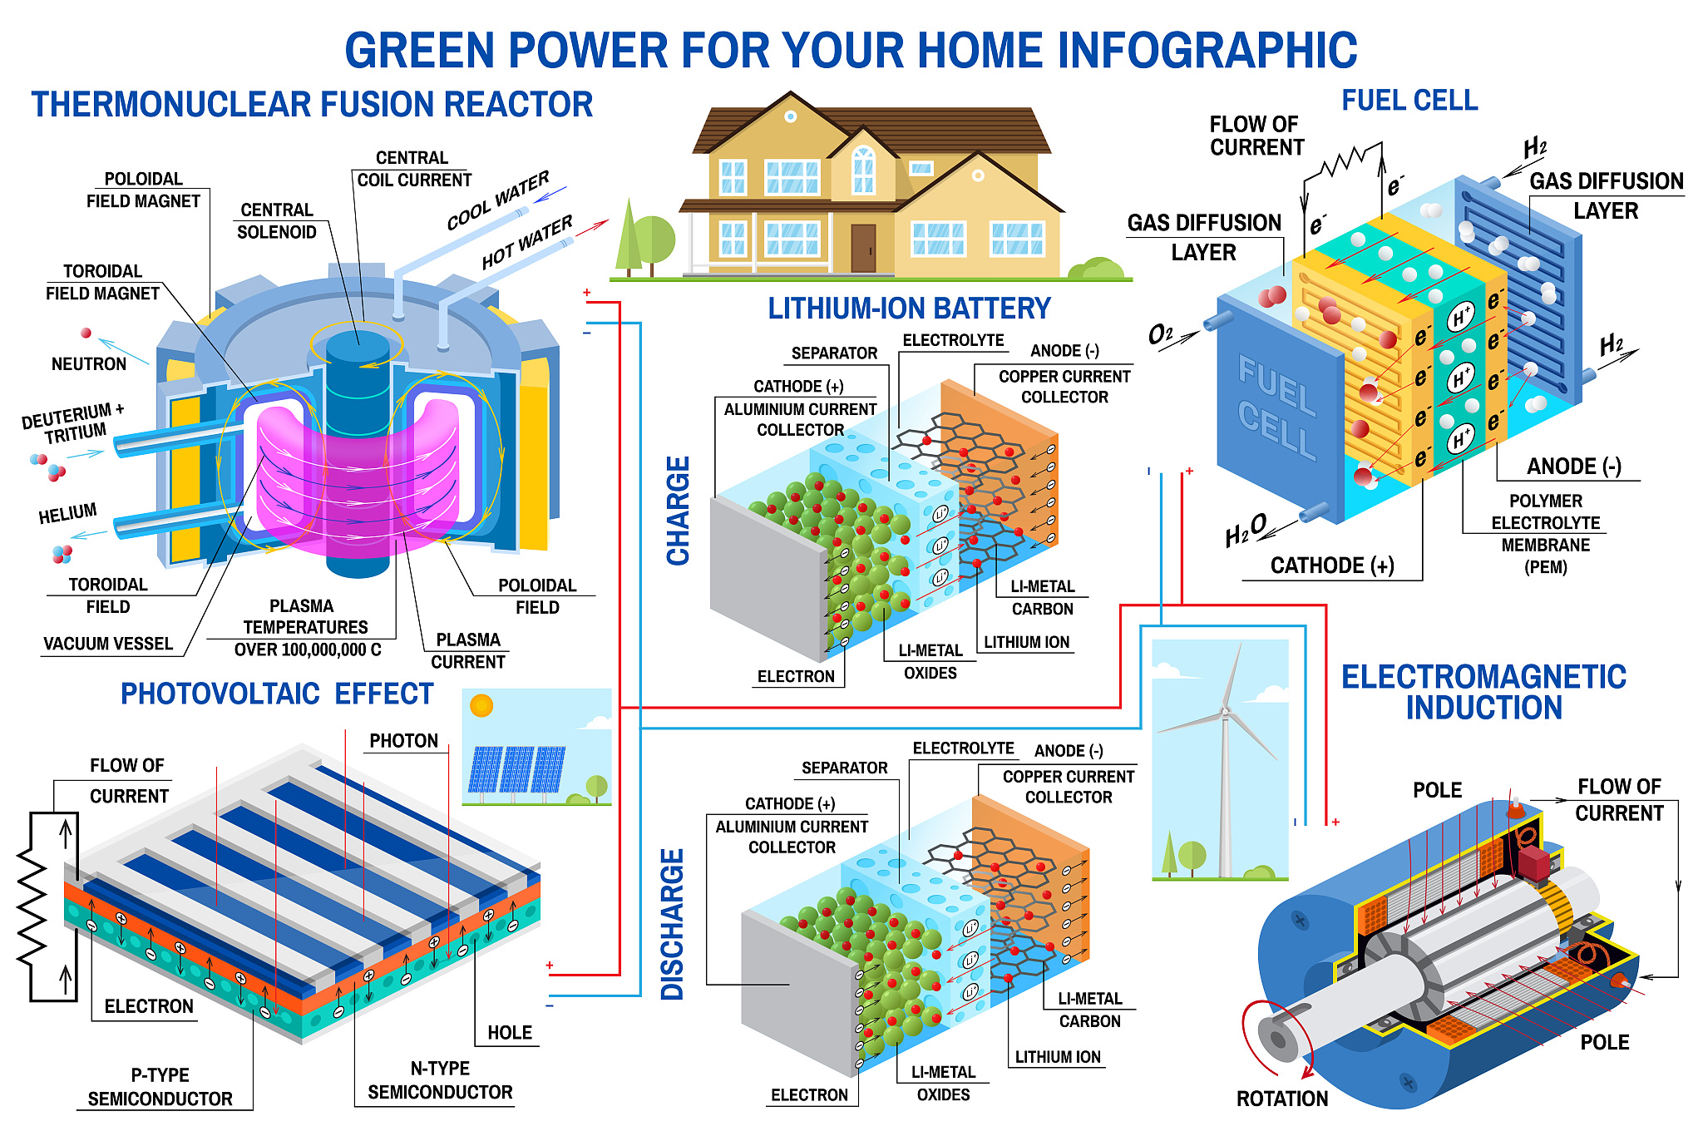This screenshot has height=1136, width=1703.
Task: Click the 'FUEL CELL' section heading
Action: coord(1409,101)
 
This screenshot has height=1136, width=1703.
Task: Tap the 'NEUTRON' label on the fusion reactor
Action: coord(89,364)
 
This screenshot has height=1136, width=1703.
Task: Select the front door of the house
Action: coord(863,248)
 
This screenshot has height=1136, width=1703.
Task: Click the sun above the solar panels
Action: coord(481,706)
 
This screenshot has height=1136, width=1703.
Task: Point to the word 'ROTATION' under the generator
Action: coord(1281,1099)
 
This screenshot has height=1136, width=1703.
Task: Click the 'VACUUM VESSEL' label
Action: coord(108,644)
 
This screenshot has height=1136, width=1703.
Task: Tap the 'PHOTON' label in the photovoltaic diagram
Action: coord(403,741)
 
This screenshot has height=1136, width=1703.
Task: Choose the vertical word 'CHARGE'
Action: coord(679,511)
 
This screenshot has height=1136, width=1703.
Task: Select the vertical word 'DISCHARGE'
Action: coord(672,924)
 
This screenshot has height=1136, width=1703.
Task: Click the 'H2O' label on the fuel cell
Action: coord(1245,531)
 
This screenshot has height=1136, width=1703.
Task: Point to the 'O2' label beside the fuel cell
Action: coord(1161,335)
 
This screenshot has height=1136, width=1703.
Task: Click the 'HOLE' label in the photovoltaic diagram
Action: coord(509,1033)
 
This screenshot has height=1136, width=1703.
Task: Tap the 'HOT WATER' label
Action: coord(527,241)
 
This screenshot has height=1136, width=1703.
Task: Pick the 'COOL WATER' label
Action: coord(498,200)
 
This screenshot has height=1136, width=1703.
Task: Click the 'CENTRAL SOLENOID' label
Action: coord(277,221)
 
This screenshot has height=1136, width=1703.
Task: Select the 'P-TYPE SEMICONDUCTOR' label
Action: coord(160,1087)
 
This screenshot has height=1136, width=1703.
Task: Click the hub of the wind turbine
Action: coord(1224,712)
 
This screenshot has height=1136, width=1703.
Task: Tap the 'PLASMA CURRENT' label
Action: coord(467,651)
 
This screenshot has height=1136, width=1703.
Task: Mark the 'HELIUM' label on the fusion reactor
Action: coord(67,513)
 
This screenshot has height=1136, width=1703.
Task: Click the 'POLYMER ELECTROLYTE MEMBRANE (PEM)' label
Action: coord(1545,534)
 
